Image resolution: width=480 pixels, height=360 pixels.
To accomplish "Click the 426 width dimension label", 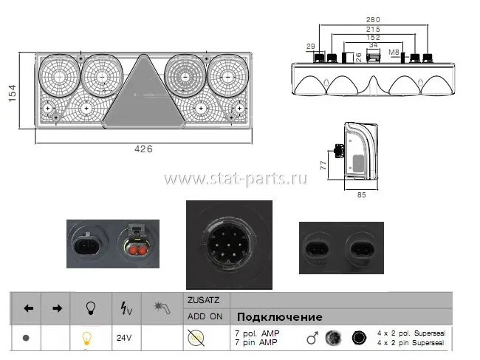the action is click(143, 149).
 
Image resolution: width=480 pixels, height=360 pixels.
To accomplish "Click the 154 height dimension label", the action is click(12, 93).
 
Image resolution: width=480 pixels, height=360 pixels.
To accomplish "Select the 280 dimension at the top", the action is click(373, 20).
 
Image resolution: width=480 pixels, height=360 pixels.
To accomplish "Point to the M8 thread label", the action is click(394, 52).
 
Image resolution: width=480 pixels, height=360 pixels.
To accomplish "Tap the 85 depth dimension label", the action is click(362, 195).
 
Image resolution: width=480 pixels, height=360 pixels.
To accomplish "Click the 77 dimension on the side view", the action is click(323, 166).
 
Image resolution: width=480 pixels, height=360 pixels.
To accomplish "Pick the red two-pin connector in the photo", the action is click(137, 251).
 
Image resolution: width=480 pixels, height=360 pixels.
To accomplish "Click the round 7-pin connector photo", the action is click(229, 245).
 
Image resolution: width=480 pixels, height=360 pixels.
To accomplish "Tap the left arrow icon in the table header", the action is click(29, 308).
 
